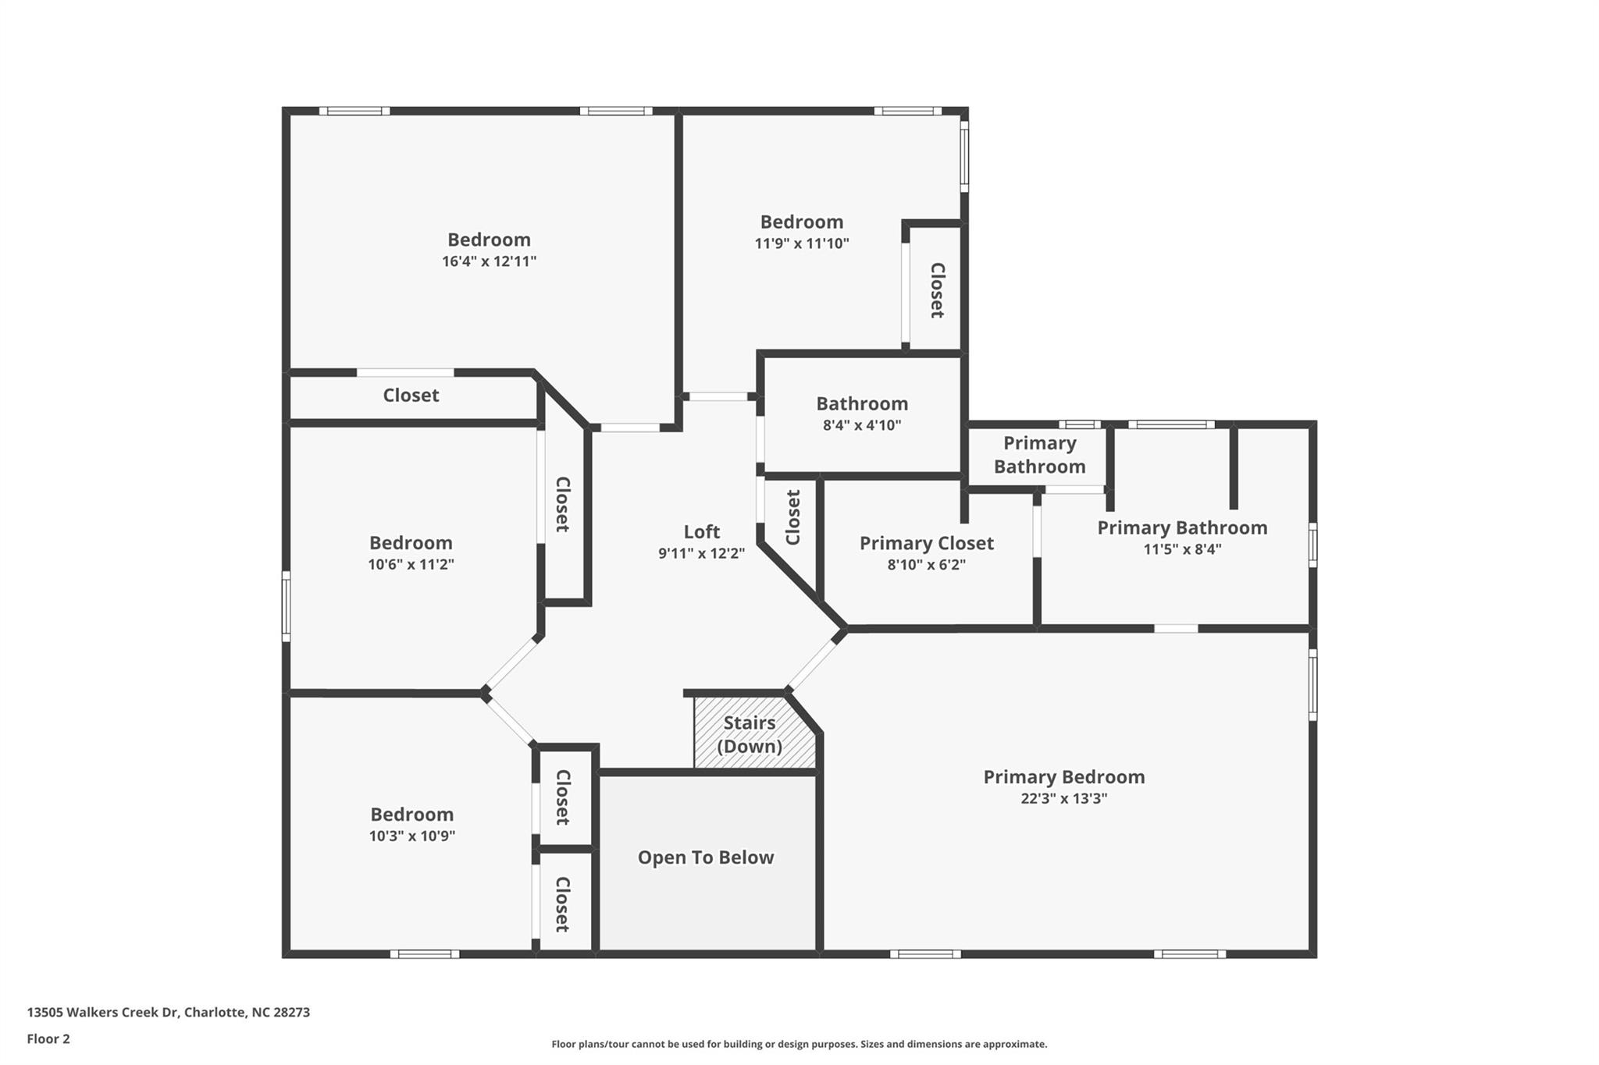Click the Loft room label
701,532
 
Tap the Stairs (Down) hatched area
754,733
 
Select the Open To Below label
706,857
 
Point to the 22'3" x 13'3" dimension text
1063,798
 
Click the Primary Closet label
927,543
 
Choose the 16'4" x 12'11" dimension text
489,261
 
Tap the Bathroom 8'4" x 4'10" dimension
862,425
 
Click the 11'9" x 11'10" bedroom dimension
802,243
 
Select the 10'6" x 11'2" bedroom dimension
411,564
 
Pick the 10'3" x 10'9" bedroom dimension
412,836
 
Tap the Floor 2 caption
48,1038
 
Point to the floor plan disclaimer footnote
799,1044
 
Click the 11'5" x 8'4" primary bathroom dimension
1182,548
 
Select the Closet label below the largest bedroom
411,396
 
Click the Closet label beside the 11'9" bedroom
937,290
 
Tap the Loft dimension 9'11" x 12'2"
701,553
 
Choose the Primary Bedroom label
1063,777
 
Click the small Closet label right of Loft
792,517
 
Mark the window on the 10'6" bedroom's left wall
286,606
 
